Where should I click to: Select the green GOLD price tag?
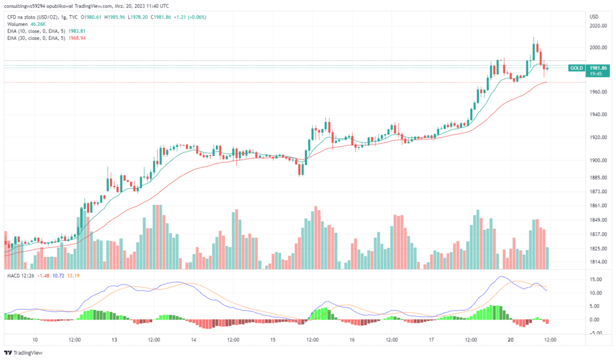(577, 69)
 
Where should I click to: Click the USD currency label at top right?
(594, 17)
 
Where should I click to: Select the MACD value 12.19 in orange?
(73, 276)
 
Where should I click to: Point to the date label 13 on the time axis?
(114, 340)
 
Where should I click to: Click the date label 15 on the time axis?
(273, 340)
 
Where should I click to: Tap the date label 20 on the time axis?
(511, 340)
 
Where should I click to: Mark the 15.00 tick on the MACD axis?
(597, 280)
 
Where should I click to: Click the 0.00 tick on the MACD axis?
(598, 320)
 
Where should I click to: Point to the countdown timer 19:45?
(596, 75)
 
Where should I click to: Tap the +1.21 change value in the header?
(180, 17)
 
